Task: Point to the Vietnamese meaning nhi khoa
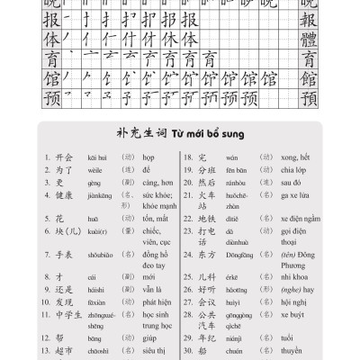[301, 281]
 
